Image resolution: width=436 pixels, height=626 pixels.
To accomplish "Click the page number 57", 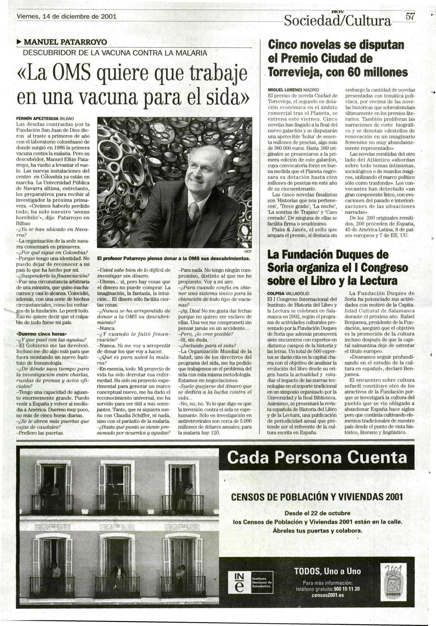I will tap(410, 17).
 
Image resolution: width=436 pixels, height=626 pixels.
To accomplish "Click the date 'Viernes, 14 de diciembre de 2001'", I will tap(66, 17).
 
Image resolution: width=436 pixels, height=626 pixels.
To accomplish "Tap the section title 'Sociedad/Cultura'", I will tap(338, 21).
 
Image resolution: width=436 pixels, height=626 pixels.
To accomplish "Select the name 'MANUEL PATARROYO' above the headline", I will tap(65, 42).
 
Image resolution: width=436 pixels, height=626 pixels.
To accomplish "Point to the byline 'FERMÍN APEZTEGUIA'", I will tap(37, 119).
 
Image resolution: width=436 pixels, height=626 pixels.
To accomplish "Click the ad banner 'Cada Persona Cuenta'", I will tap(317, 457).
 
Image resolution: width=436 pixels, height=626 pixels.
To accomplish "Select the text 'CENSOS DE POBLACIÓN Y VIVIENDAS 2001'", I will tap(317, 497).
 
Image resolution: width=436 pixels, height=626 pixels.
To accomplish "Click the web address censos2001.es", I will tap(328, 595).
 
